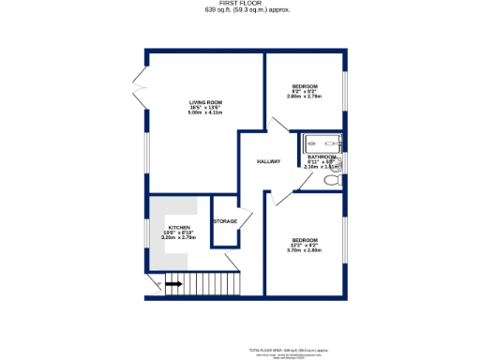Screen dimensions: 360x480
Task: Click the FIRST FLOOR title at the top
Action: pyautogui.click(x=239, y=3)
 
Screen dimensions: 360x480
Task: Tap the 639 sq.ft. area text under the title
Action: pyautogui.click(x=239, y=9)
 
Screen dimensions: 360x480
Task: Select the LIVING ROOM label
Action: pyautogui.click(x=204, y=102)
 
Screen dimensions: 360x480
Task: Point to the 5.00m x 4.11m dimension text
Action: pyautogui.click(x=204, y=113)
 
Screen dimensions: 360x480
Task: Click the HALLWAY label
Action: pyautogui.click(x=269, y=161)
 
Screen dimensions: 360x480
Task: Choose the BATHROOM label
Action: pyautogui.click(x=322, y=157)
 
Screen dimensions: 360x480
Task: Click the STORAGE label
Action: pyautogui.click(x=225, y=221)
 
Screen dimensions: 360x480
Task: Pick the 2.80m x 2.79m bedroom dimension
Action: pyautogui.click(x=305, y=97)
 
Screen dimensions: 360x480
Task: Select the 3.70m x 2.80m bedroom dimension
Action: pyautogui.click(x=305, y=250)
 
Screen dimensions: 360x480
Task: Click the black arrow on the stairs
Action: pyautogui.click(x=173, y=283)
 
